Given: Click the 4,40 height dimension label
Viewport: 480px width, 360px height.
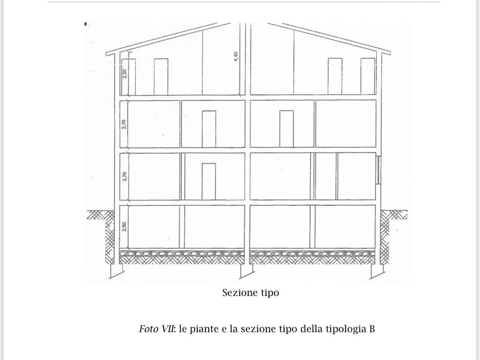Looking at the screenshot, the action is coord(235,57).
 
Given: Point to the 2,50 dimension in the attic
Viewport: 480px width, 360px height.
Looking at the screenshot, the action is coord(124,74).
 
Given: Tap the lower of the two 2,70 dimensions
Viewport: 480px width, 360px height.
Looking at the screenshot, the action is coord(124,177).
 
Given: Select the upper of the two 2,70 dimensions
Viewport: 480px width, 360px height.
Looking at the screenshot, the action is coord(124,124).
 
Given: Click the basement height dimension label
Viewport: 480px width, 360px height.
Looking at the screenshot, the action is coord(124,226).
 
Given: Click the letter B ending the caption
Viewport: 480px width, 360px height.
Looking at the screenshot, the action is coord(372,329).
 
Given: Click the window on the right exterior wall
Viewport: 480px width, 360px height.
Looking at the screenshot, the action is coord(379,170).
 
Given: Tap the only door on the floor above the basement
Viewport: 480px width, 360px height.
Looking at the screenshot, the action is coord(209,181).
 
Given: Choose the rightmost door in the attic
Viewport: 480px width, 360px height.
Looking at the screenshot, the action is coord(367,76).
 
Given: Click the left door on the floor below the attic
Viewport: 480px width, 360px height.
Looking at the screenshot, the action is coord(209,129).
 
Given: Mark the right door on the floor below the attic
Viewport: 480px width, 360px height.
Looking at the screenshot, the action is coord(286,129).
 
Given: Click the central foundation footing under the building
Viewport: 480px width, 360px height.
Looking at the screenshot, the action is coord(247,271).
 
